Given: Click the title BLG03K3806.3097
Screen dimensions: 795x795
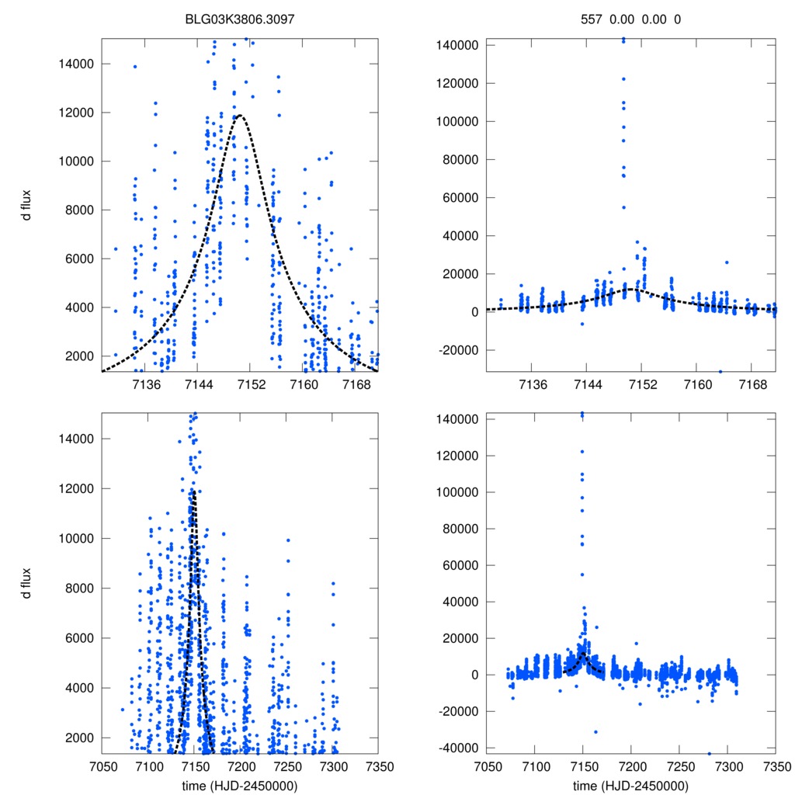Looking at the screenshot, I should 241,18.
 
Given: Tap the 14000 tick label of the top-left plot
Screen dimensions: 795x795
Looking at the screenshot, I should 77,64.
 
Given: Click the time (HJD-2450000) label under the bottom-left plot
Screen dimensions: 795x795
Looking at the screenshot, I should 241,785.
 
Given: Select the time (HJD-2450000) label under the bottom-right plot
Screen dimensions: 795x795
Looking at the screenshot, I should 630,785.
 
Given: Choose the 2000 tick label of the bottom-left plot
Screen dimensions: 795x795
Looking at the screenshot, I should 80,738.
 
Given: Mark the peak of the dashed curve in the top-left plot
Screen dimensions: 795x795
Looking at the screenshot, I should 241,116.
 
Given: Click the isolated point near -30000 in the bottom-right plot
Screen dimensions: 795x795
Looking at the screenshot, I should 595,731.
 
